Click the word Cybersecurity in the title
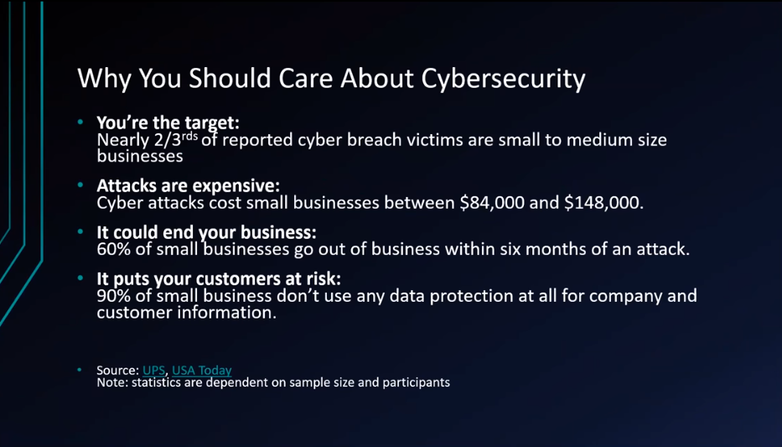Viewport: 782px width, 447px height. (x=503, y=79)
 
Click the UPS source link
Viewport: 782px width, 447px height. (x=153, y=370)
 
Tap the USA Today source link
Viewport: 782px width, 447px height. (x=202, y=370)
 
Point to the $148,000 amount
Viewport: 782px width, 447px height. (x=604, y=203)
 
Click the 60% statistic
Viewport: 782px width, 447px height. (x=114, y=249)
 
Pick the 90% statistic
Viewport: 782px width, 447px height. (x=114, y=296)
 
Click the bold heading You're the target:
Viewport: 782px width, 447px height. (x=168, y=122)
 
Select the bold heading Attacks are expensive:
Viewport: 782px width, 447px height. (x=189, y=185)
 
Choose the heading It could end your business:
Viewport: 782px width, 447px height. (x=206, y=232)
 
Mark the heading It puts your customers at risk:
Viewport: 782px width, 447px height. (x=219, y=279)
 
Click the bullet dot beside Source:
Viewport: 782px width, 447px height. (x=80, y=370)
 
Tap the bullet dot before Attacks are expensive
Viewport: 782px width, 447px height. (x=80, y=185)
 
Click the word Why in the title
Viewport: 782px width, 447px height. (x=105, y=79)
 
